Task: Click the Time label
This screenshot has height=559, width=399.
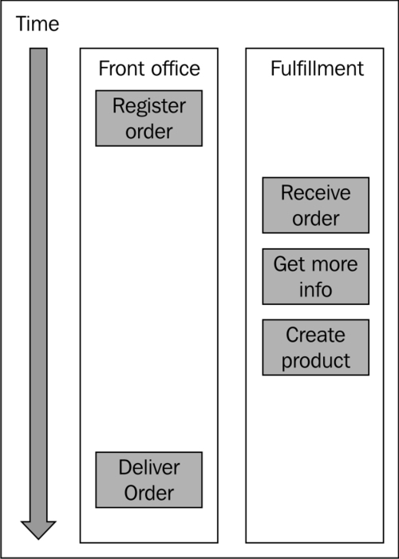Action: point(38,24)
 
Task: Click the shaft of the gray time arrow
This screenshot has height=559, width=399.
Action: point(38,284)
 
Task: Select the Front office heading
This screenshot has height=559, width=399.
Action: point(149,69)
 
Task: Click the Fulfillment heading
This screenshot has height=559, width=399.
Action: point(317,69)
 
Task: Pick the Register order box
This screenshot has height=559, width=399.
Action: point(149,118)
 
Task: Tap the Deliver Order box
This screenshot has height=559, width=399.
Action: point(149,480)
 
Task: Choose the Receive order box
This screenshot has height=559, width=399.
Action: point(316,205)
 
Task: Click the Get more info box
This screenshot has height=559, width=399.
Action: point(316,276)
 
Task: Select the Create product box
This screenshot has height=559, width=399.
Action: point(316,347)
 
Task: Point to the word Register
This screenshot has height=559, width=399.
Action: point(149,106)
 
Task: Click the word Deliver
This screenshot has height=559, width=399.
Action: point(149,467)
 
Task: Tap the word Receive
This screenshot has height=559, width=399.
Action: point(316,193)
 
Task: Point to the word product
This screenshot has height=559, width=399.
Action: point(316,361)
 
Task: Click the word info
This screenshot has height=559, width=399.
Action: point(316,289)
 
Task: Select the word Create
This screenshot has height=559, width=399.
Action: point(316,335)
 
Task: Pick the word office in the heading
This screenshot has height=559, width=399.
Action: point(176,69)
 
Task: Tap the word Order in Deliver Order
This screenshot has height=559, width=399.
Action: point(149,493)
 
